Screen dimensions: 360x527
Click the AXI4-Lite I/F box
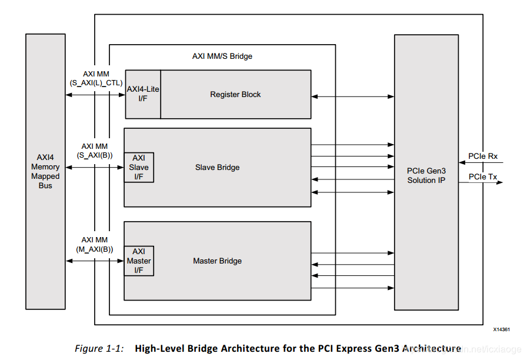[143, 94]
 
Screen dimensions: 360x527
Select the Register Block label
[235, 94]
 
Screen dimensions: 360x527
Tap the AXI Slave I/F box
[139, 167]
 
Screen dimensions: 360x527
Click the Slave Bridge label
[217, 167]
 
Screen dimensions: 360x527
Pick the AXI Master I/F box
[139, 261]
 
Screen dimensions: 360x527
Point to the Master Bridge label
[217, 261]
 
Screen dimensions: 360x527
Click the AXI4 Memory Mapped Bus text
[45, 171]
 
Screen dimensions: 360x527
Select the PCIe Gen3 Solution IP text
[426, 175]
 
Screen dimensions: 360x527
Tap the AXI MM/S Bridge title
[222, 56]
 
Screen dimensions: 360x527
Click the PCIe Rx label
[483, 156]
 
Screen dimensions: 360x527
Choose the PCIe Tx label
[482, 176]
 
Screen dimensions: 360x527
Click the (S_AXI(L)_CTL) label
[95, 83]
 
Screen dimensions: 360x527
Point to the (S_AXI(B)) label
[95, 155]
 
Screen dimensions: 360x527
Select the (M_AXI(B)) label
[95, 249]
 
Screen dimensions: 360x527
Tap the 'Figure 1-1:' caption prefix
[99, 348]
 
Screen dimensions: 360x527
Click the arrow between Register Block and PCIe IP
[352, 95]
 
